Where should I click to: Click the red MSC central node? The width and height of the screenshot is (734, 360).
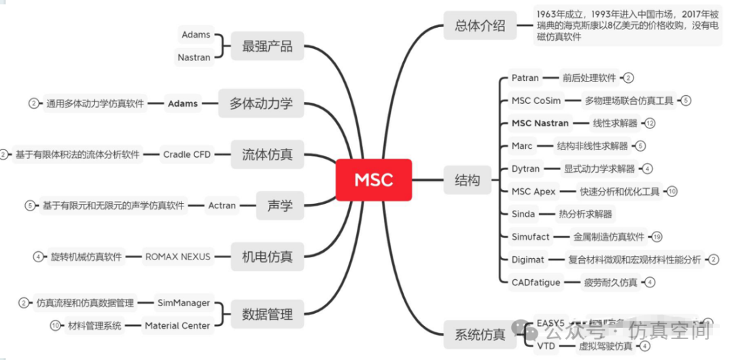pos(373,180)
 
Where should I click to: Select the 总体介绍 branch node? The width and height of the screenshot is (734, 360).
pos(480,26)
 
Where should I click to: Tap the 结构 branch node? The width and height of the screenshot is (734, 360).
pos(467,180)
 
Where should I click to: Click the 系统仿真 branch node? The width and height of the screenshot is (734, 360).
pos(480,334)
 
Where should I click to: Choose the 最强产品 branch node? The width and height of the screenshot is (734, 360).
pos(267,46)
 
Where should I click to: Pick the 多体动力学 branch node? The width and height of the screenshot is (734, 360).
pos(261,103)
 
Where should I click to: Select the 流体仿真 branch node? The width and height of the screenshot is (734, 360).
pos(267,154)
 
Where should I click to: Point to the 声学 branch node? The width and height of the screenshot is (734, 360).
pos(280,205)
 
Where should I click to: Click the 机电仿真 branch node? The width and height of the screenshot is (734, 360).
pos(267,257)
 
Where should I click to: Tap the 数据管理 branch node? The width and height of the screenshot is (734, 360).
pos(267,314)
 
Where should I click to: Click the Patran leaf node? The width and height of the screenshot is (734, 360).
pos(525,78)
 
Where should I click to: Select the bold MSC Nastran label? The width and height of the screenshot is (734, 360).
pos(540,124)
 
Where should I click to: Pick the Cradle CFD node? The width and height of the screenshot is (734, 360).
pos(187,154)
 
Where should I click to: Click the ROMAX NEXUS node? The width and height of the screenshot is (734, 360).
pos(178,257)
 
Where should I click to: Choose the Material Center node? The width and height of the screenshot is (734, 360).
pos(177,325)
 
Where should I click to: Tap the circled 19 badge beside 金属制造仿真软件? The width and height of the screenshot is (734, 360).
pos(657,237)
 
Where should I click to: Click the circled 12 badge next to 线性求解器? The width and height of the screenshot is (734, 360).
pos(650,124)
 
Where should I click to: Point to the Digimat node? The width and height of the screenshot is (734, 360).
pos(528,259)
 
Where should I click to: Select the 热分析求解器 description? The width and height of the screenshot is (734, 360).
pos(584,214)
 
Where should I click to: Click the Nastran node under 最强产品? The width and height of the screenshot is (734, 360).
pos(194,58)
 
